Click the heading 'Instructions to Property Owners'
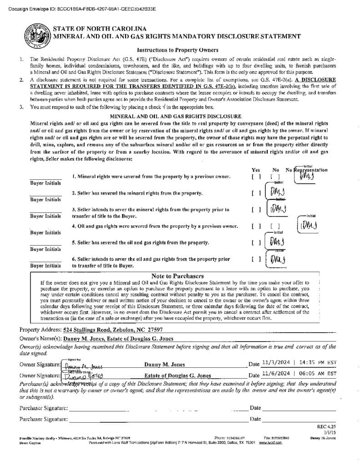177,50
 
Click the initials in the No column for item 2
277,193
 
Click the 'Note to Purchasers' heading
177,276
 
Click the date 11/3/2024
276,363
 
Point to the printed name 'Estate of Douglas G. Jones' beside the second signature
177,376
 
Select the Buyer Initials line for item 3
46,210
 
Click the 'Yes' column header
256,170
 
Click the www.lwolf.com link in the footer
271,443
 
